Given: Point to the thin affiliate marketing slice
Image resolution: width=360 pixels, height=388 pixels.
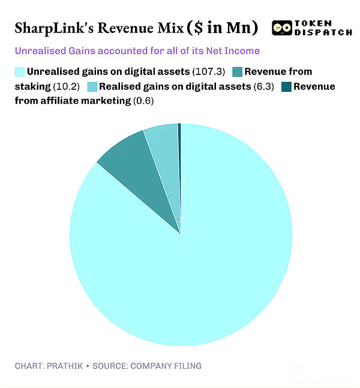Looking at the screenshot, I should pyautogui.click(x=179, y=156).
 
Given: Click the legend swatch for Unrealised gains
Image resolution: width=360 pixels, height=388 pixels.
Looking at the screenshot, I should pyautogui.click(x=20, y=72).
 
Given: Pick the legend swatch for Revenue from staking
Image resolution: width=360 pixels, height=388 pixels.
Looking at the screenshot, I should pyautogui.click(x=237, y=72).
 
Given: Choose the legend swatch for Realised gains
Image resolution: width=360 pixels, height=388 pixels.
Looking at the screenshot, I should pyautogui.click(x=92, y=86).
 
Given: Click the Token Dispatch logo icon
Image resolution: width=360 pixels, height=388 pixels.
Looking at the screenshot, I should pyautogui.click(x=281, y=27).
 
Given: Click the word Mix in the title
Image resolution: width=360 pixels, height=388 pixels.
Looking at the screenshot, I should pyautogui.click(x=166, y=28).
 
